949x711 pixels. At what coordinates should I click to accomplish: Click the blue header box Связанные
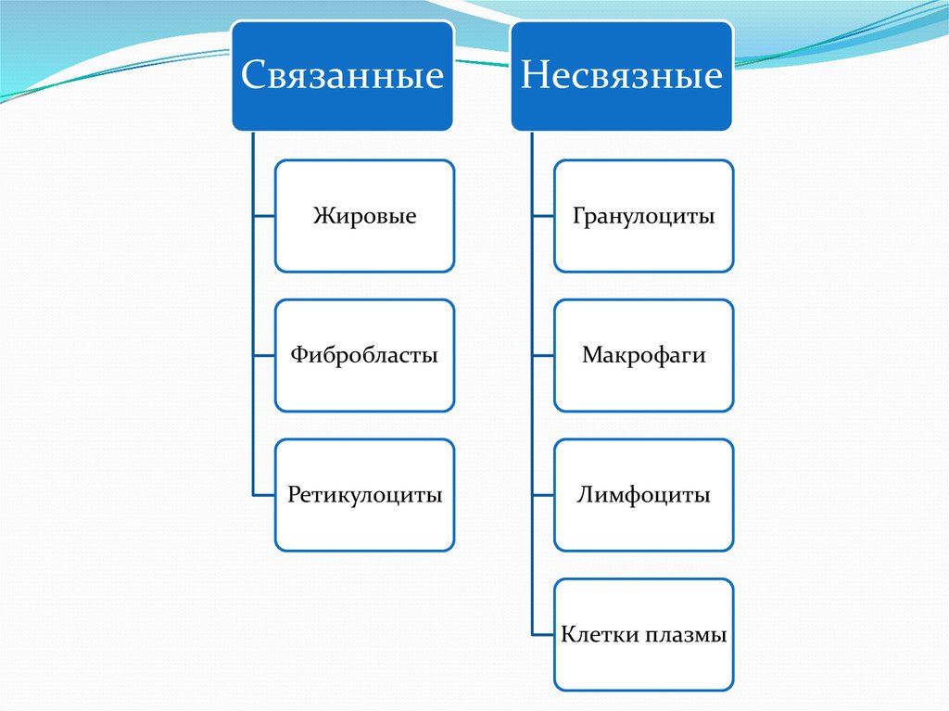(x=342, y=75)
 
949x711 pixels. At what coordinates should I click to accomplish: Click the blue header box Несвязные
(x=621, y=75)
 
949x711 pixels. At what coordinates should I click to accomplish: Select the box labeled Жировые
(x=364, y=216)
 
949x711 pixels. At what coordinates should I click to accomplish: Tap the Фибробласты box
(x=364, y=355)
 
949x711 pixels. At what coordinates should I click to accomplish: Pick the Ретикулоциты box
(x=364, y=495)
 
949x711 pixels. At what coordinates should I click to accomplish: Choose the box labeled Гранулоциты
(x=644, y=216)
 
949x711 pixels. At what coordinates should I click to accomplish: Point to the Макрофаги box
(x=644, y=355)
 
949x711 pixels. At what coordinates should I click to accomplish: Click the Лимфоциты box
(x=644, y=495)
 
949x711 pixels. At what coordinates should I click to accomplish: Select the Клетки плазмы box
(x=644, y=635)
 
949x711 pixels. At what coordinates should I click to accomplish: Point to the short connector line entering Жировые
(x=263, y=216)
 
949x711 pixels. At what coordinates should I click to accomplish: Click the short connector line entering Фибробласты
(x=263, y=355)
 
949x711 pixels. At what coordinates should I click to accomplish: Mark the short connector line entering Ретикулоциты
(x=263, y=495)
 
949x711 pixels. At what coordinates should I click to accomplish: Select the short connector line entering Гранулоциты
(x=543, y=216)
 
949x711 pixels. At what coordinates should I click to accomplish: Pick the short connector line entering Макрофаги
(x=543, y=355)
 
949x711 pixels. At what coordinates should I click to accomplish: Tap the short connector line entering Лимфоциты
(x=543, y=495)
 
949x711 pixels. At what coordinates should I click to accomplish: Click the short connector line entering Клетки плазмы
(x=543, y=635)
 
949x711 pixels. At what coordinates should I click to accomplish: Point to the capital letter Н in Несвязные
(x=535, y=75)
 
